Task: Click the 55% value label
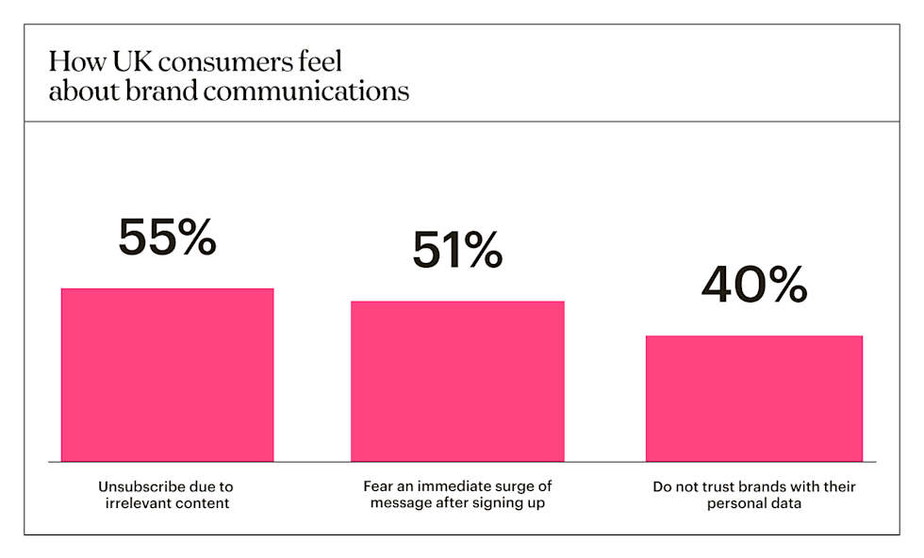167,238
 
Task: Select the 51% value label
457,251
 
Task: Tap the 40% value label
754,286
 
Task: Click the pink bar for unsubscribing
167,374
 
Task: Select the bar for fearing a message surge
457,381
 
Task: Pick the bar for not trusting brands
754,398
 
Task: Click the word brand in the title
186,91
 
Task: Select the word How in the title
71,63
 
